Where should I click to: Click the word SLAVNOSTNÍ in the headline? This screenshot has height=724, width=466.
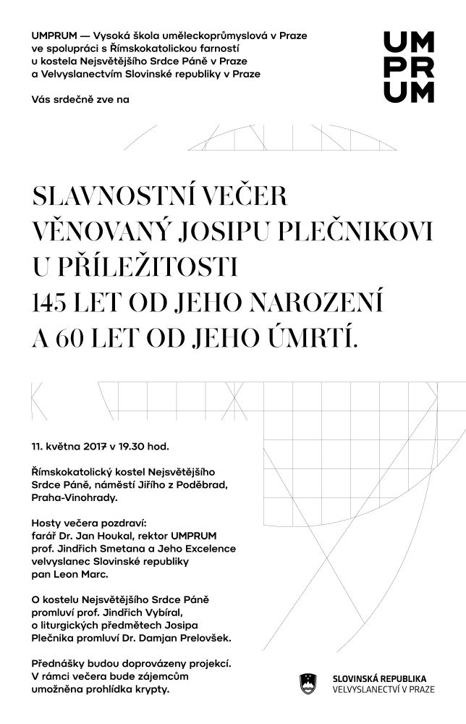(x=104, y=196)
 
